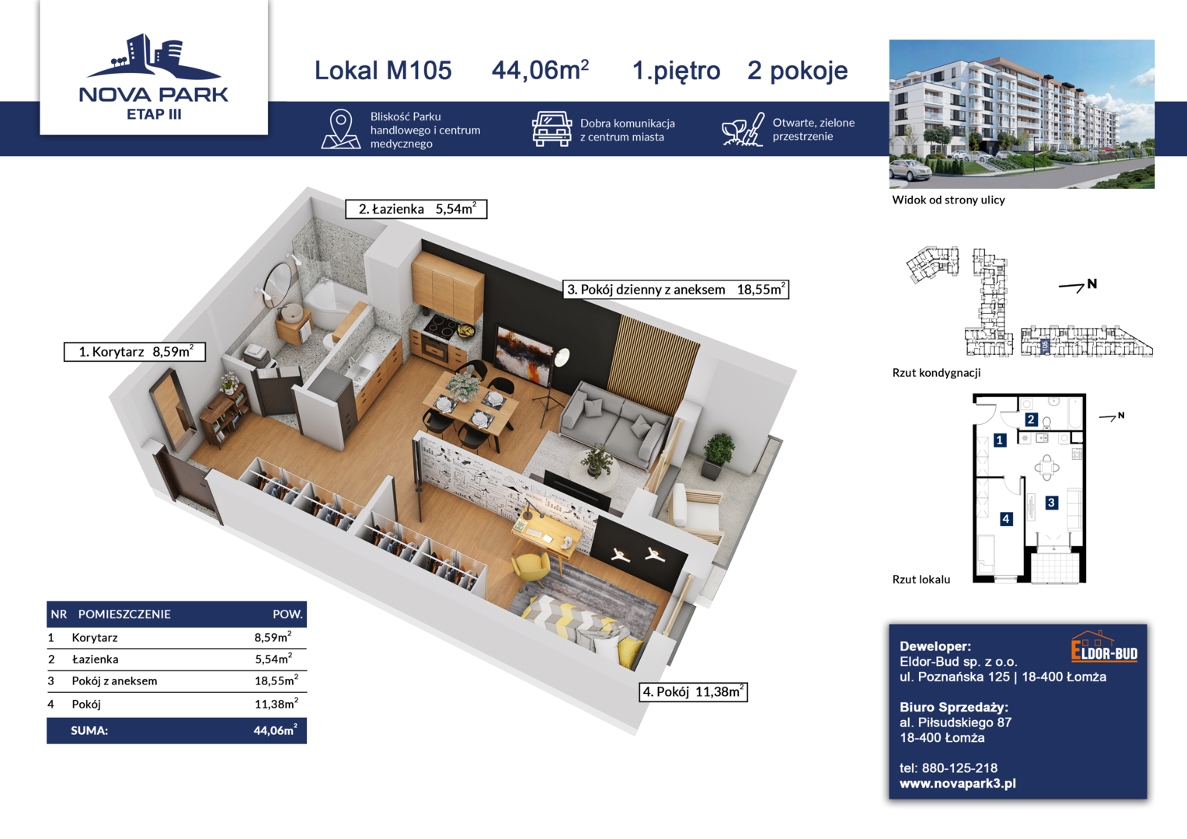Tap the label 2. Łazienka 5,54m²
pos(416,209)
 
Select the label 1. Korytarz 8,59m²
pos(134,351)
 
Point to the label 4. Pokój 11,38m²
pos(693,691)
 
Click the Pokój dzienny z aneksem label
pos(646,290)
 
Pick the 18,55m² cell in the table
pos(276,680)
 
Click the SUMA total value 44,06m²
pos(275,729)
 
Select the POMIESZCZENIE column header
pos(124,614)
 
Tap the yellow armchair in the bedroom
pos(531,569)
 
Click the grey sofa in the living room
pos(614,424)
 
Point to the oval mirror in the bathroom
pos(277,284)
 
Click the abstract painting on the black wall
pos(524,356)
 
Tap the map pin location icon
pos(341,129)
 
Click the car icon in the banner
pos(552,129)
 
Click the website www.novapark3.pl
pos(958,783)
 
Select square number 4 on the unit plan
pos(1006,519)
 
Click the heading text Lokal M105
pos(383,70)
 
